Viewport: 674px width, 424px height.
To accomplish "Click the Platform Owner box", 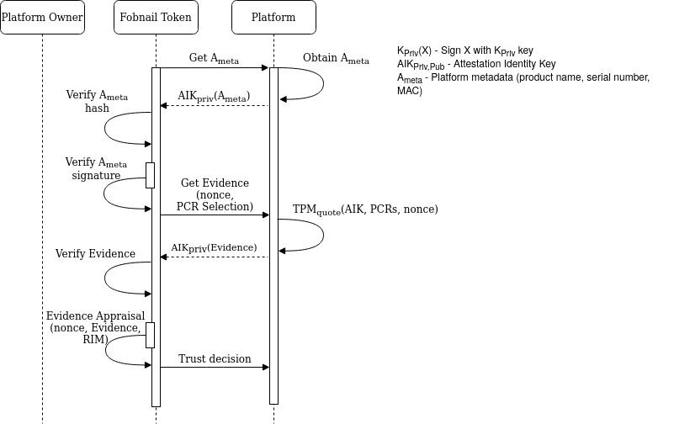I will (42, 18).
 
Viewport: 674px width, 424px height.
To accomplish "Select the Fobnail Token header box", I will (156, 18).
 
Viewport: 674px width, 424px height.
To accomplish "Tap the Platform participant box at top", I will (273, 18).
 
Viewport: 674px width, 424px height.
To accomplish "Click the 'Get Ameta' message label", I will (214, 58).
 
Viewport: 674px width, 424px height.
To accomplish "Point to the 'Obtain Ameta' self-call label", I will (336, 58).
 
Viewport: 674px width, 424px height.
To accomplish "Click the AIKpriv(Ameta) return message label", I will (214, 96).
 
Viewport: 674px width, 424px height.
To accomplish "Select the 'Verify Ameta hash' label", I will (97, 101).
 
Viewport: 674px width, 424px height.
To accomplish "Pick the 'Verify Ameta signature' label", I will (96, 169).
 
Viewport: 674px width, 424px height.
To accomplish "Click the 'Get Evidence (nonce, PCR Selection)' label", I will (215, 194).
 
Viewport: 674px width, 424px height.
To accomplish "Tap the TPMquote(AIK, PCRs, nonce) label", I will (365, 209).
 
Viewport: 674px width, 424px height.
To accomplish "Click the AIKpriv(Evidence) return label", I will (214, 248).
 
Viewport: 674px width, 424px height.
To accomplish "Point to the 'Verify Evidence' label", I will (95, 253).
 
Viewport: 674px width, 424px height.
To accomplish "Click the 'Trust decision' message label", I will (215, 358).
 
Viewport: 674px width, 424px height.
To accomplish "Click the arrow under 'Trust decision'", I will (215, 367).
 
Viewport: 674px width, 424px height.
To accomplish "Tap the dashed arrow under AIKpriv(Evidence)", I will (215, 257).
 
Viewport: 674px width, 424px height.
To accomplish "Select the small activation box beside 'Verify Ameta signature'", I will (151, 175).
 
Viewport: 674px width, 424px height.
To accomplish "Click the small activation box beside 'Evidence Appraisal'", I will (151, 335).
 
